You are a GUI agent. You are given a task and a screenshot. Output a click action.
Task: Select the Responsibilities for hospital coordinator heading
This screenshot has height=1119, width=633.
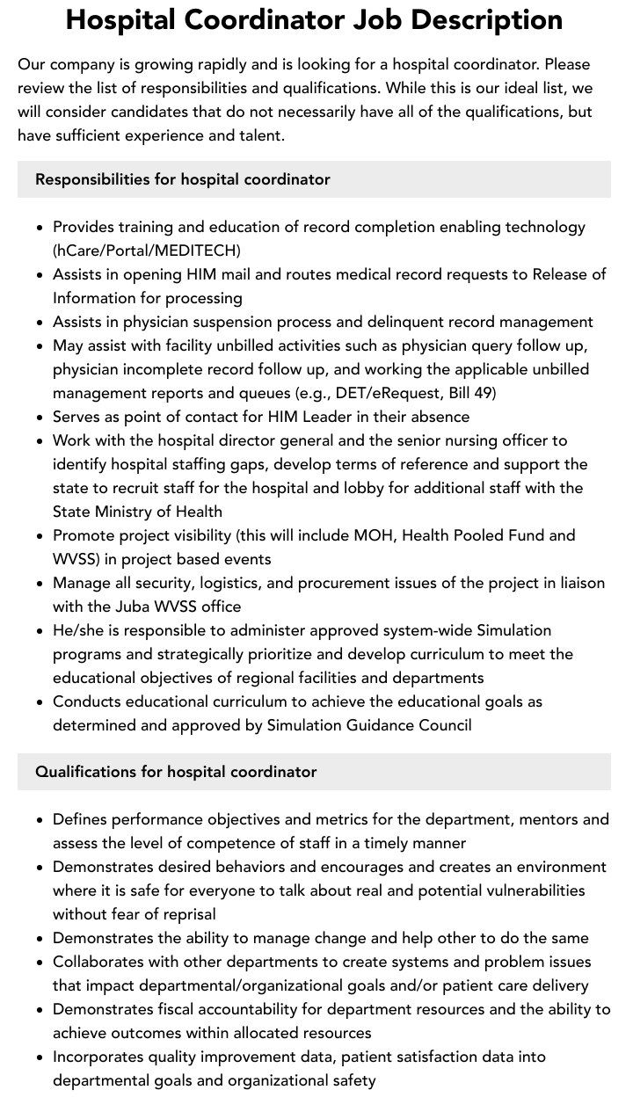(182, 179)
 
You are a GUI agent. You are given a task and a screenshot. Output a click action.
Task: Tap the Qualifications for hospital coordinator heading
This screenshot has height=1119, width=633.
(176, 772)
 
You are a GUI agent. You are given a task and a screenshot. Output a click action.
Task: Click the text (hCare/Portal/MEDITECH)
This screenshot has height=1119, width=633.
(147, 251)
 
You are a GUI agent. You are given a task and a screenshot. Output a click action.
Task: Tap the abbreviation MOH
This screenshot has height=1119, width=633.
(373, 535)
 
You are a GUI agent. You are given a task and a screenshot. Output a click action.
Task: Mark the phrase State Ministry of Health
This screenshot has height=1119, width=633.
(137, 512)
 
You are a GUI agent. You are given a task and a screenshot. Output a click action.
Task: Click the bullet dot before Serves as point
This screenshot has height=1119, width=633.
(40, 418)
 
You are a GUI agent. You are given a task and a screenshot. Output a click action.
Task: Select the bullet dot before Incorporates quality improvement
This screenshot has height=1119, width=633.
(40, 1057)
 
